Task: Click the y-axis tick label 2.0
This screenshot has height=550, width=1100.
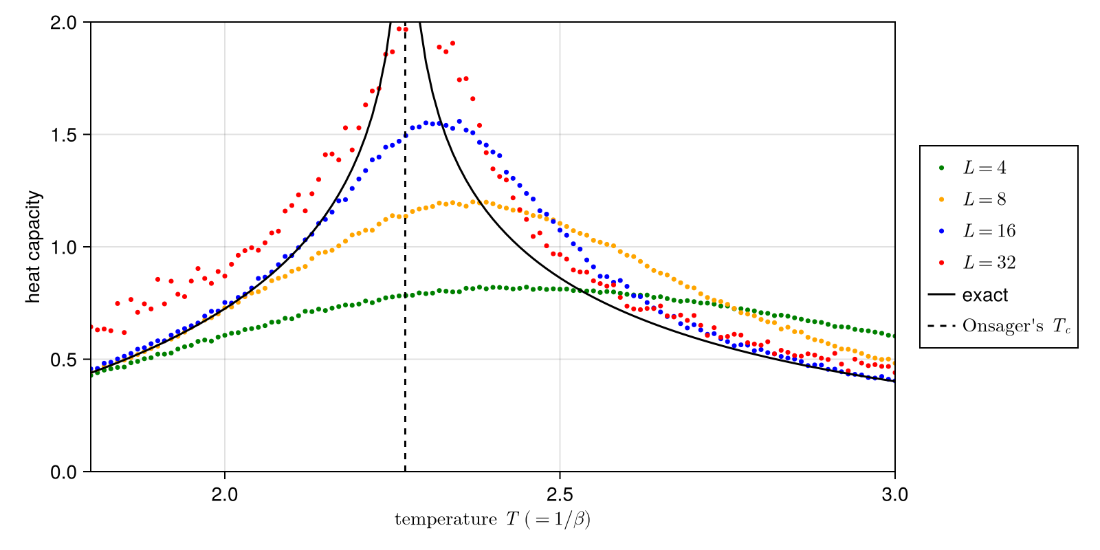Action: [66, 23]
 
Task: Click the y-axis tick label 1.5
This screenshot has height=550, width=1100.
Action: [66, 135]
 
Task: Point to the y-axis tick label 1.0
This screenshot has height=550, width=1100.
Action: [66, 247]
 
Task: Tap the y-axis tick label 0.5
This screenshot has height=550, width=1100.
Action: [66, 360]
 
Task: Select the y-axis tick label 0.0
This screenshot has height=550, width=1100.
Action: [66, 472]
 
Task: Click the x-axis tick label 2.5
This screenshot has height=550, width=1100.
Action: [560, 494]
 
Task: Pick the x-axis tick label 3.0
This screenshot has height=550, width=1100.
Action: [894, 494]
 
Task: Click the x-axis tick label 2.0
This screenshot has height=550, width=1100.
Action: [225, 494]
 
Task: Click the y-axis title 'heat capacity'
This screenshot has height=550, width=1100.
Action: [34, 247]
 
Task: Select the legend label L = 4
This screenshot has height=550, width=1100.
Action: [984, 168]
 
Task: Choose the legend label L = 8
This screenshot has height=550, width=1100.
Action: [984, 199]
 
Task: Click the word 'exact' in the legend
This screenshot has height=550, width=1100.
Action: [985, 295]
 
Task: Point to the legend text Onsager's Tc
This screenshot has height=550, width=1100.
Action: [1016, 326]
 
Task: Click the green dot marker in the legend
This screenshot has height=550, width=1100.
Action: [941, 168]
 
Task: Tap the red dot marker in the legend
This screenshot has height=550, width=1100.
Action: [941, 263]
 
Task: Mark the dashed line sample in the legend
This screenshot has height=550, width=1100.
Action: [941, 325]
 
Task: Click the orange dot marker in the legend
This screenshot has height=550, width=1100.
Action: [941, 199]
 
